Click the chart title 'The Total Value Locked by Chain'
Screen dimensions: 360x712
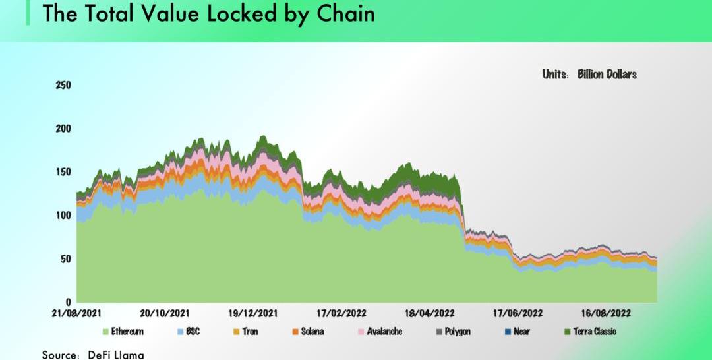pos(208,14)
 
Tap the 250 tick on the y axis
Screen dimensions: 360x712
pos(64,86)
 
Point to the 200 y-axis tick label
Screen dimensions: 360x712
pos(64,129)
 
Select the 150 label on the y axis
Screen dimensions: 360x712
pos(64,172)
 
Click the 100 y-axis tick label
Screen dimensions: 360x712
pos(64,216)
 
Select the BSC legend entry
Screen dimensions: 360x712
pos(191,332)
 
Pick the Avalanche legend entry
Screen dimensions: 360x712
pos(384,332)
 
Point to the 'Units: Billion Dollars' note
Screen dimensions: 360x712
pos(589,75)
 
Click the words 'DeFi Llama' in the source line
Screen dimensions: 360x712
pos(116,355)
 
